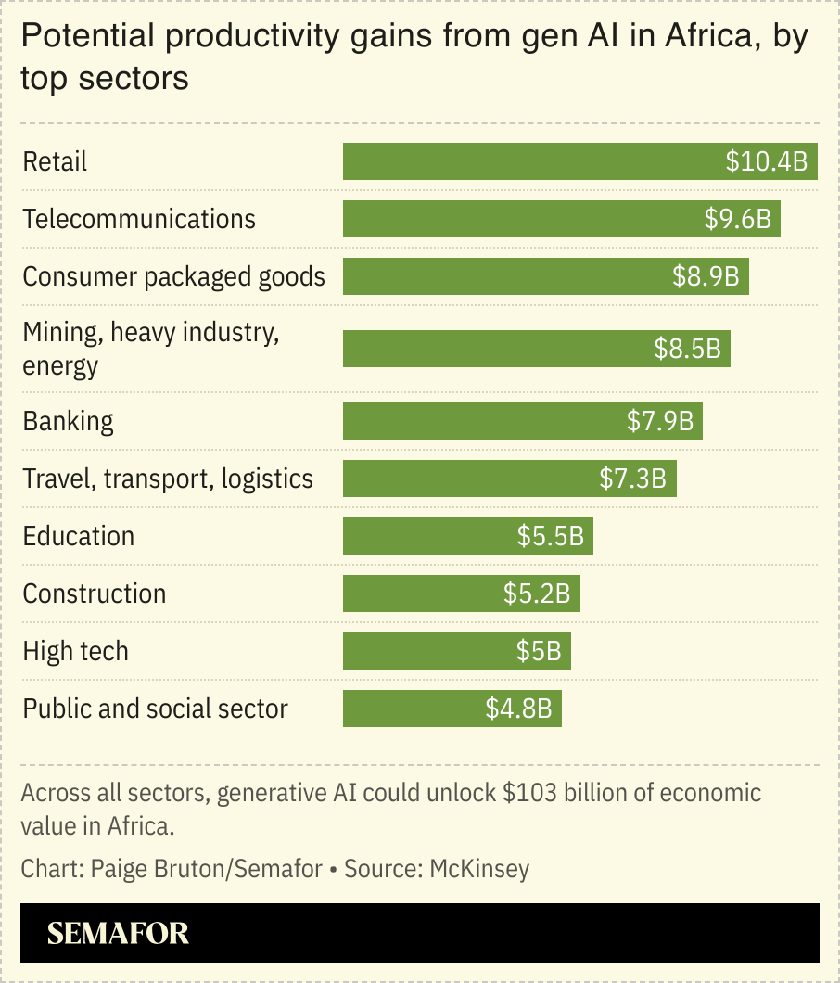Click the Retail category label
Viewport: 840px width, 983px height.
(55, 161)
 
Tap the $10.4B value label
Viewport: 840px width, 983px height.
(767, 161)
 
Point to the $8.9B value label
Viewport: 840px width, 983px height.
(706, 276)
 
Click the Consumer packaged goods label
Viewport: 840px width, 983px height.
(174, 276)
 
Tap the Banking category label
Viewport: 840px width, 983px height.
(69, 421)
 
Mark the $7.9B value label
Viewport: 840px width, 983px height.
(660, 421)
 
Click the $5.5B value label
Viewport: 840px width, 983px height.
(551, 536)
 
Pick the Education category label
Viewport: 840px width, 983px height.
(79, 536)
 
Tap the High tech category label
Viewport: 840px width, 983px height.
(76, 651)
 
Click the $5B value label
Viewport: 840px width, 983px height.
(539, 651)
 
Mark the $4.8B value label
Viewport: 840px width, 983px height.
(518, 709)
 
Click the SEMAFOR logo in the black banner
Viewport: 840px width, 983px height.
(118, 933)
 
